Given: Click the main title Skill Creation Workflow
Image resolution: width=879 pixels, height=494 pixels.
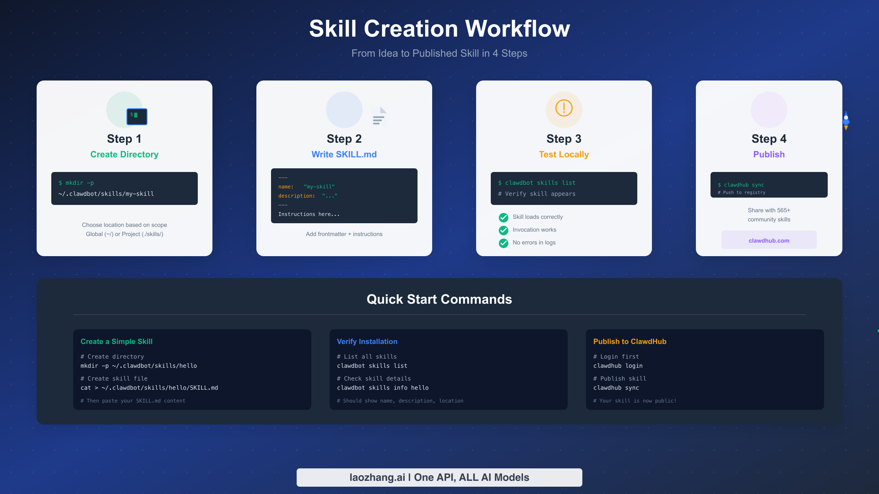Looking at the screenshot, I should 439,29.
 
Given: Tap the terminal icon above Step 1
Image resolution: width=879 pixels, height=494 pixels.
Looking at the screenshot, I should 137,116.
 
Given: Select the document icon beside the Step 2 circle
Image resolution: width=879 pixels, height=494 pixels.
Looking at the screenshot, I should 379,116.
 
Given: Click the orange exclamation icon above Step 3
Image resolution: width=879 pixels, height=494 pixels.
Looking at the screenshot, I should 564,108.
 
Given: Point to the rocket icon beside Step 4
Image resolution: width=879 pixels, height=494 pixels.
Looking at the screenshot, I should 846,120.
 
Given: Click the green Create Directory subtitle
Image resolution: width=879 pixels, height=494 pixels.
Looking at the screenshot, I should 125,154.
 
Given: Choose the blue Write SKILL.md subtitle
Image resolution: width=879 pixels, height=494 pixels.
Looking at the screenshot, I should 344,154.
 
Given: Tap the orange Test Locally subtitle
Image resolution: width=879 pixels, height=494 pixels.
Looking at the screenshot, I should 564,154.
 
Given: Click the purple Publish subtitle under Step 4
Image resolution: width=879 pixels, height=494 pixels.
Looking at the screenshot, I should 769,154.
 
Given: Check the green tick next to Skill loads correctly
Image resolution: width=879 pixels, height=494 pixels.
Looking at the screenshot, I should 504,217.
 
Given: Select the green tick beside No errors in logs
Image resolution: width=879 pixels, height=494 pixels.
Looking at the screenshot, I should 504,243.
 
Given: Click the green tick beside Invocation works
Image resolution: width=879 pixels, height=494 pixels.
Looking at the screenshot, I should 504,230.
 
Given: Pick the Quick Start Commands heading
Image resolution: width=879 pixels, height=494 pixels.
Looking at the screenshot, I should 439,299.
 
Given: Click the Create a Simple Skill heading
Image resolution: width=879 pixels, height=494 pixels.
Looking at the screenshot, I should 116,341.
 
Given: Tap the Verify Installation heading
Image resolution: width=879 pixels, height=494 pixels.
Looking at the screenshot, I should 367,341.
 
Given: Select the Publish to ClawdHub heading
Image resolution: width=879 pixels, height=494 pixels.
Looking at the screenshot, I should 630,341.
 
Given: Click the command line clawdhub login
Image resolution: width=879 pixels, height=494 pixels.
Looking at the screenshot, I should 618,366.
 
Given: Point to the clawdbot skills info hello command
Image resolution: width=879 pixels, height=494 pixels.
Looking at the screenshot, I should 383,388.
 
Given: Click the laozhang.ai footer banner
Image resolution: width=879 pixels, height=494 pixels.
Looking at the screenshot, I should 439,478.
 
